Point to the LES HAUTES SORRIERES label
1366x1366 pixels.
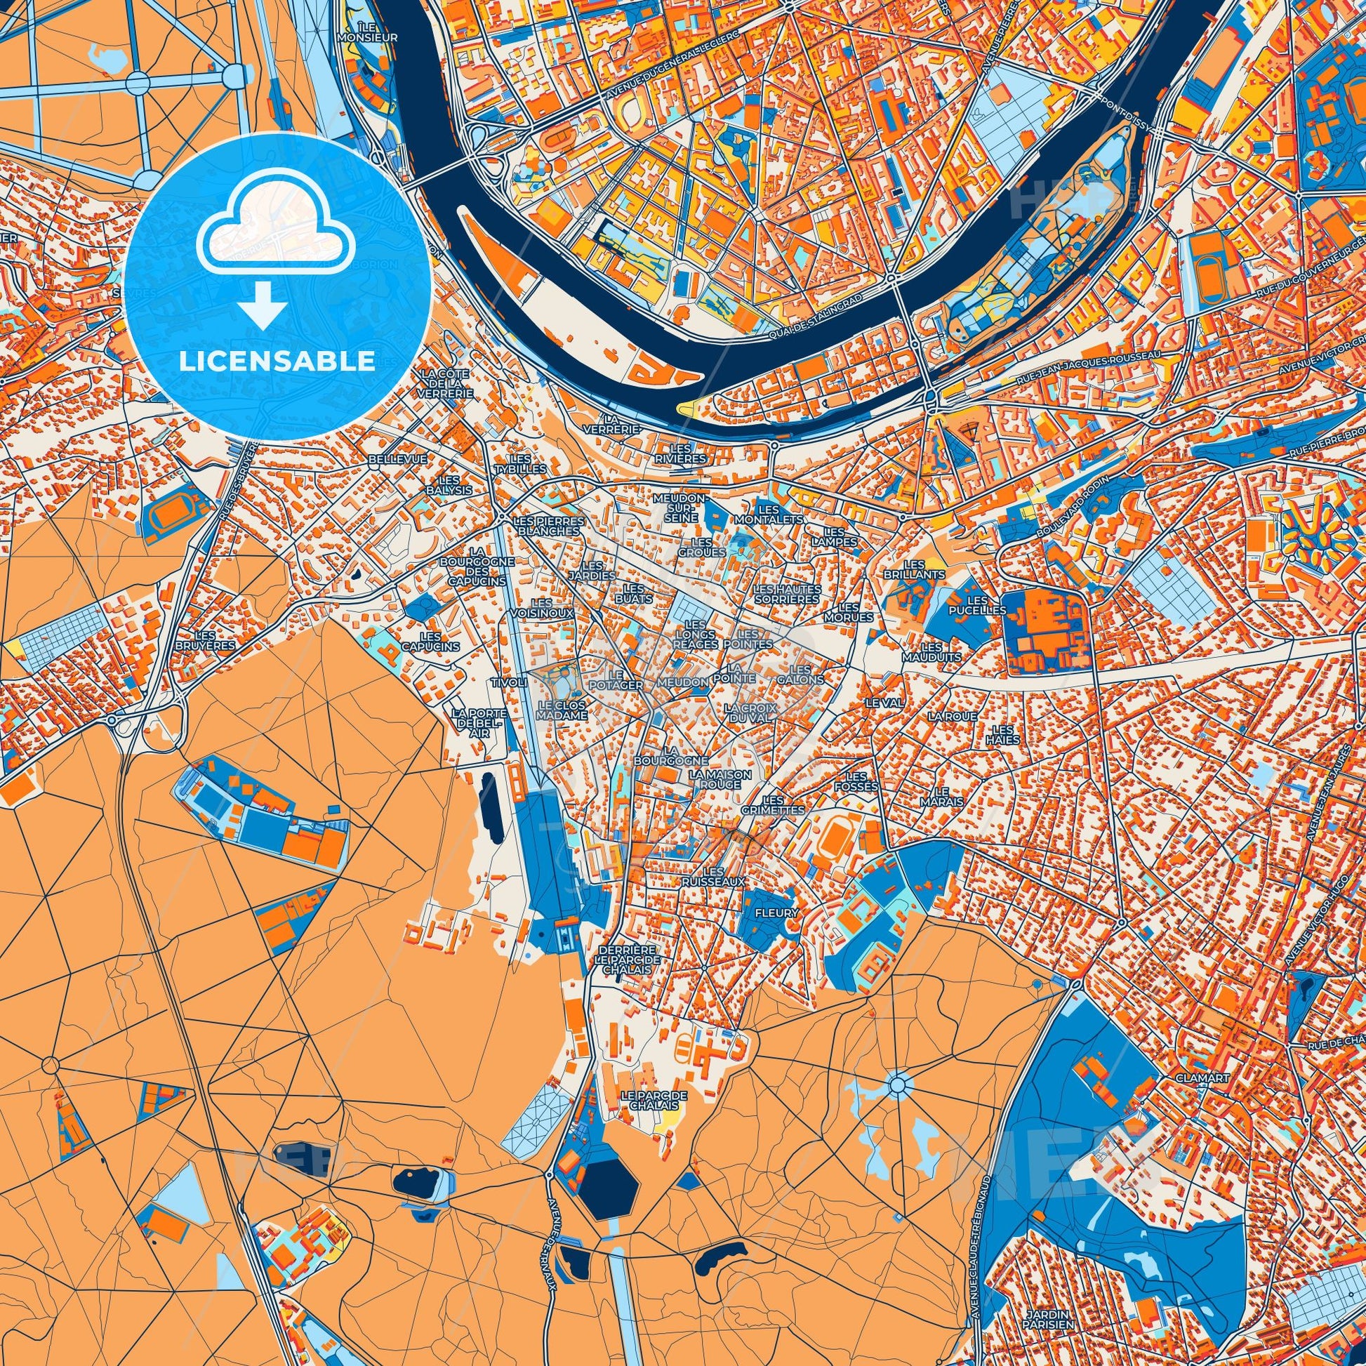point(787,594)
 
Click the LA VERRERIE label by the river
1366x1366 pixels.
point(612,423)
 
